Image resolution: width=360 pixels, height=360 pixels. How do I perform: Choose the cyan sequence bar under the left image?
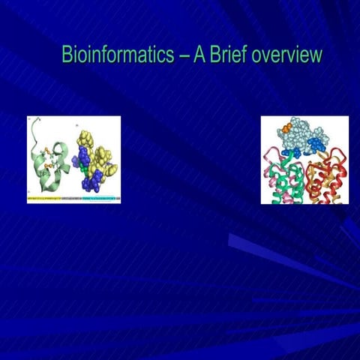point(101,200)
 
